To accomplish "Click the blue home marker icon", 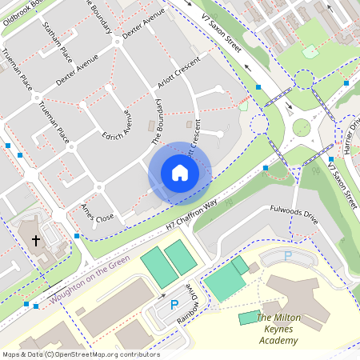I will click(179, 173).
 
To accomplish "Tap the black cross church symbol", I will click(35, 239).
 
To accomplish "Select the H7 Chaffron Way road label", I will click(192, 217).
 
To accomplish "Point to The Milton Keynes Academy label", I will click(278, 329).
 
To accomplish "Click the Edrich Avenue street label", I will click(116, 125).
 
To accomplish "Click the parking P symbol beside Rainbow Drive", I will click(174, 304).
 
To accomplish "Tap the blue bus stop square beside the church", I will click(76, 235).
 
